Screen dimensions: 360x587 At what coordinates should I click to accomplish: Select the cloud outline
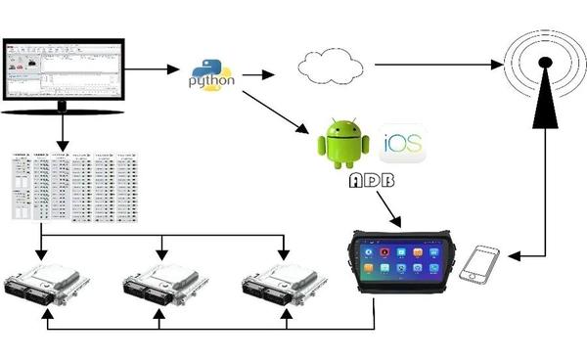coord(329,66)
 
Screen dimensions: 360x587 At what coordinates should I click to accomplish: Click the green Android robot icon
coord(341,143)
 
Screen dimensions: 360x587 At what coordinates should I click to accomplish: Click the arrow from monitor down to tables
coord(63,132)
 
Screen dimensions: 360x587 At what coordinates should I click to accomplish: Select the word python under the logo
coord(212,83)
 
